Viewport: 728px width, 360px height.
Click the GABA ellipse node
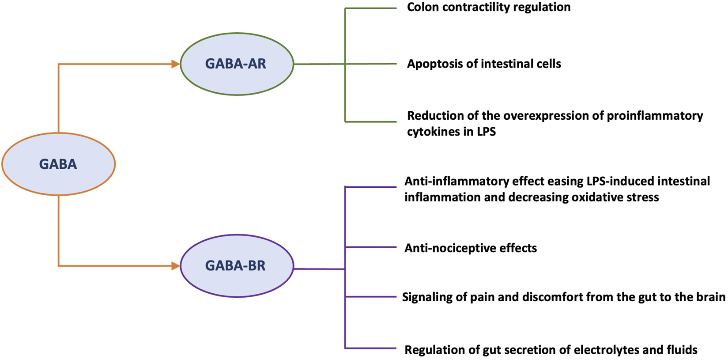(58, 164)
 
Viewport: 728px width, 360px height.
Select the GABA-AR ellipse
(237, 64)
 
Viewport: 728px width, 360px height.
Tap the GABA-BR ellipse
(237, 266)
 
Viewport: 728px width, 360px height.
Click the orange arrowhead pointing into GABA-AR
(175, 64)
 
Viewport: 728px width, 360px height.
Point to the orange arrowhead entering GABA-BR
(175, 266)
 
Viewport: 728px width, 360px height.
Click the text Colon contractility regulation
(488, 8)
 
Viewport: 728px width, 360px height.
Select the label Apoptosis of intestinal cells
(484, 64)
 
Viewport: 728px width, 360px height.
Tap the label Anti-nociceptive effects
(471, 248)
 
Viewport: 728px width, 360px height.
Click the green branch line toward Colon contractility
(371, 8)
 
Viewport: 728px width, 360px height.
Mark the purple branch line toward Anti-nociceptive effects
(371, 247)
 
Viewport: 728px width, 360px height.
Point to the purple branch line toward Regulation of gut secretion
(371, 349)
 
